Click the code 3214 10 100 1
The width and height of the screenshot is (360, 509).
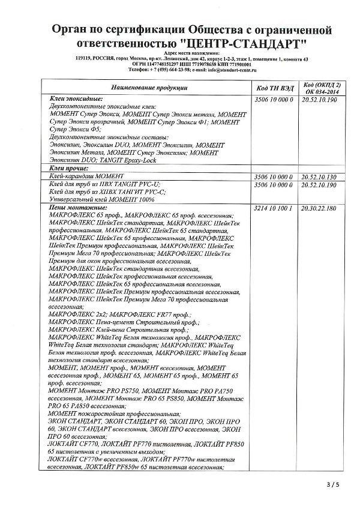click(274, 208)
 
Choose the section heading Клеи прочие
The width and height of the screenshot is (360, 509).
click(68, 170)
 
